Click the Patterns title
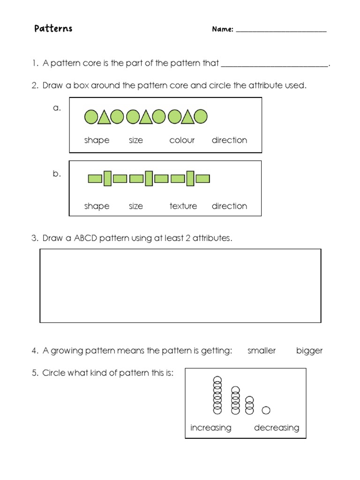point(53,29)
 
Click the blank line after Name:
point(281,30)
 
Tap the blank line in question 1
point(274,66)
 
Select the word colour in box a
point(182,140)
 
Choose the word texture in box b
point(183,206)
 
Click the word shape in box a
point(97,140)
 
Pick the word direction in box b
point(229,206)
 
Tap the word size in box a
point(136,140)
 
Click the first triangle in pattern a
point(104,117)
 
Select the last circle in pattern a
point(201,117)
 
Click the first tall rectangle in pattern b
point(107,179)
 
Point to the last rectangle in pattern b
point(203,179)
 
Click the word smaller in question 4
point(262,351)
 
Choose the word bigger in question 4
point(309,351)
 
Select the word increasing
point(211,427)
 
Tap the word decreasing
point(277,427)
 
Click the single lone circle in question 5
point(266,411)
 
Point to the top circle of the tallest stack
point(217,380)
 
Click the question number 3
point(35,239)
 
